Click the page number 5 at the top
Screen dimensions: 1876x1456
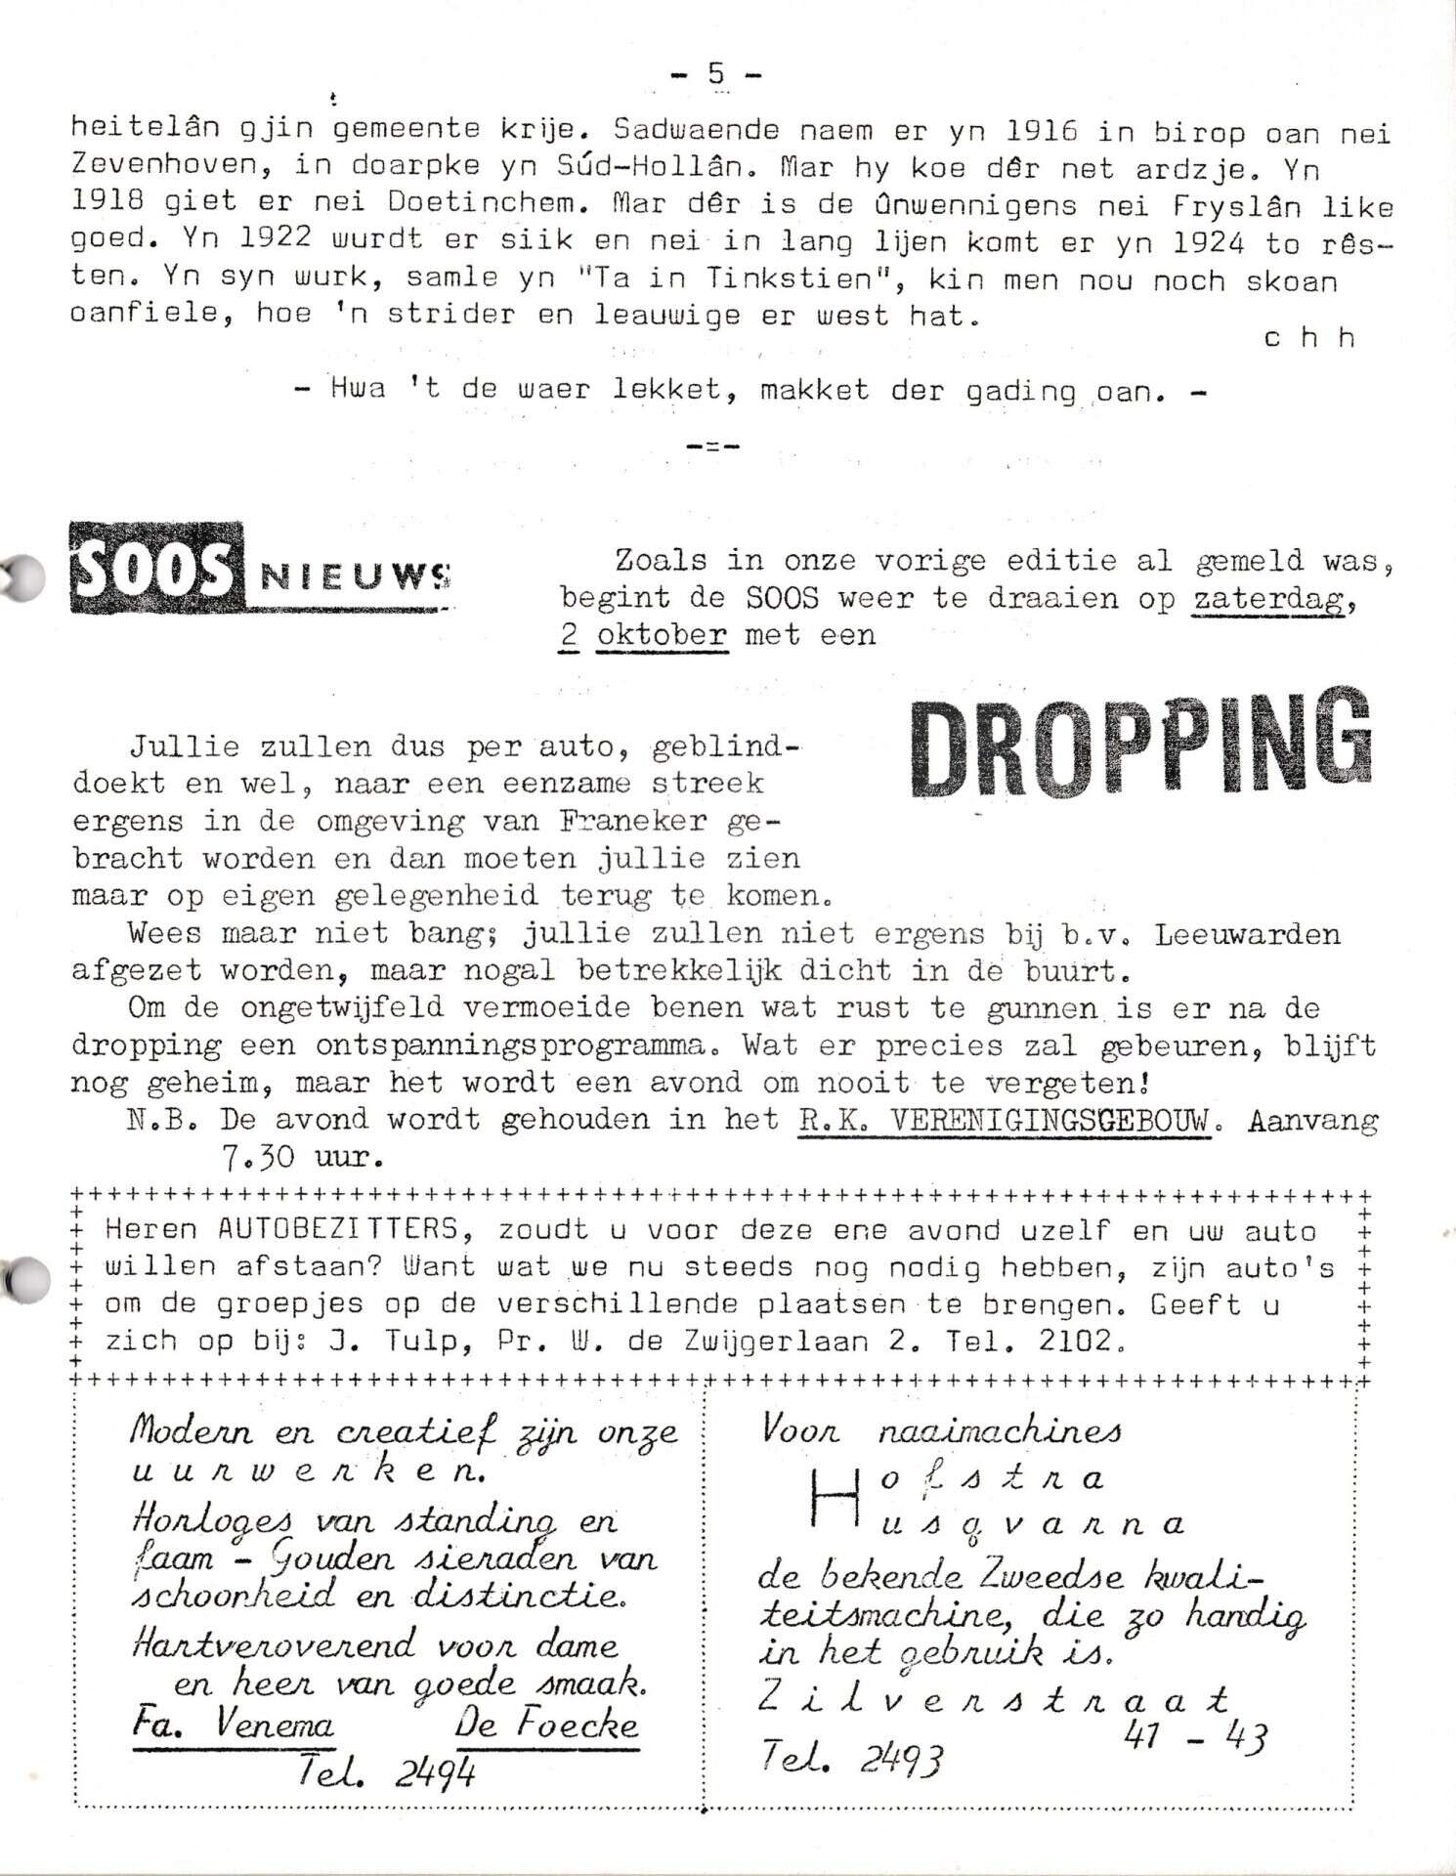716,73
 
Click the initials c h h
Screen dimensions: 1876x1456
1308,338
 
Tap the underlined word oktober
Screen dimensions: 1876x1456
662,635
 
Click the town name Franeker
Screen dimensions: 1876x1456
633,822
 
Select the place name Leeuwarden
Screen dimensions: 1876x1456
1246,935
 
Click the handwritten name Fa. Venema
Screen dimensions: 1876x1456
233,1727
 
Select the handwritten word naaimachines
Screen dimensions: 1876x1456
1000,1431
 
